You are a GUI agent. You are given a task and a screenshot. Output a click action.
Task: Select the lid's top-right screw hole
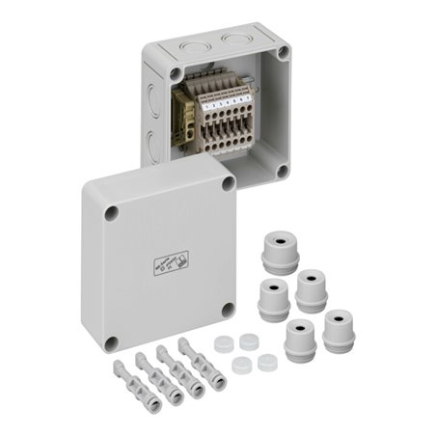[x=229, y=182]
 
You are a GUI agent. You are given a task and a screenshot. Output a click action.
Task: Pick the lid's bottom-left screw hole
[x=112, y=341]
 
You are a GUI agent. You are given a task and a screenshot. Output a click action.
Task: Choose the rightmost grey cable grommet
[x=340, y=329]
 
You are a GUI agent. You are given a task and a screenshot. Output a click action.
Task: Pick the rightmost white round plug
[x=266, y=364]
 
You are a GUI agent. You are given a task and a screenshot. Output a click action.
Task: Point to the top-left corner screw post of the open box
[x=175, y=72]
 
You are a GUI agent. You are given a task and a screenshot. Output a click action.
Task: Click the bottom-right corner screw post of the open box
[x=281, y=170]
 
